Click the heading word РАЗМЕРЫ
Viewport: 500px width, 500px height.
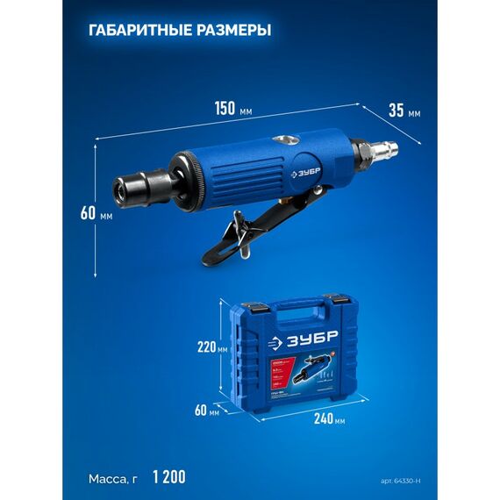pyautogui.click(x=230, y=30)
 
